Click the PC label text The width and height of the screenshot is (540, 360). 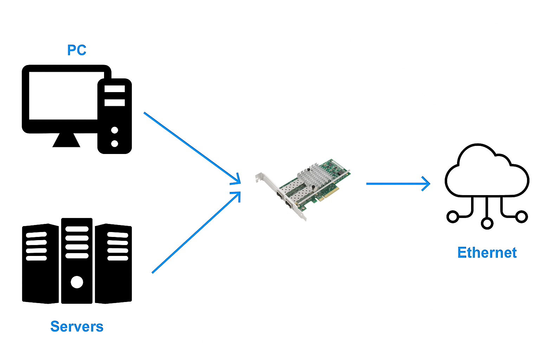77,50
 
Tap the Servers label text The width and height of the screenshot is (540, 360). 77,327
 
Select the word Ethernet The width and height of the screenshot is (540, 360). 487,253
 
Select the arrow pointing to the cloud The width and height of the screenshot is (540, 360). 398,184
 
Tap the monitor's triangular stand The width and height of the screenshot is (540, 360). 66,140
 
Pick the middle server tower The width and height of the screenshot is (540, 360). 77,260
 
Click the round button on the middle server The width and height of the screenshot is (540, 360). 77,282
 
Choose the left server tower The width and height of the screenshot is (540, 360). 40,264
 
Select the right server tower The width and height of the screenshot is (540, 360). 113,264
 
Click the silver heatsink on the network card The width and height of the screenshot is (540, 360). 314,174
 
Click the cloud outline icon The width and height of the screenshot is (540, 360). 487,172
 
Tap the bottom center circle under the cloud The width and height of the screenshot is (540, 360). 487,223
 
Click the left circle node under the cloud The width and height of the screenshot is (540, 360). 453,216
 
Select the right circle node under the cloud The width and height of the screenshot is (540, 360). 521,216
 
